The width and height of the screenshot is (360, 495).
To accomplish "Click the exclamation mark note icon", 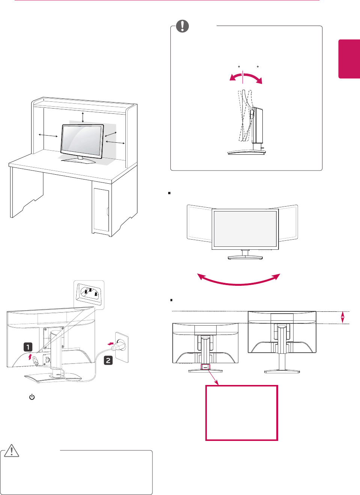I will (182, 26).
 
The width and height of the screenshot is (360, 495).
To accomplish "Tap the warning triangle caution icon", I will (12, 450).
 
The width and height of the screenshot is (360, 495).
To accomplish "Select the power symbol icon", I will (32, 397).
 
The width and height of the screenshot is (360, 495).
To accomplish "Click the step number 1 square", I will (28, 347).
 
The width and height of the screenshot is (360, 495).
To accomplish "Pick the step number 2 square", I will (108, 361).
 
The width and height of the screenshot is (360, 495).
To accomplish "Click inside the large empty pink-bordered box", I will (241, 412).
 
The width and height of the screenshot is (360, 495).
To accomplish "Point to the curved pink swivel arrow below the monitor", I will (239, 281).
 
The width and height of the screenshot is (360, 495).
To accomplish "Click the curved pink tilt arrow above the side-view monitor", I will (246, 78).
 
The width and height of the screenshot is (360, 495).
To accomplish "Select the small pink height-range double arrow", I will (342, 317).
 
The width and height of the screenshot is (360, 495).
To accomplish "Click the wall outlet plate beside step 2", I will (122, 347).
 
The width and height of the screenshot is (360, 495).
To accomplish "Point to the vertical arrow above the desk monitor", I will (83, 117).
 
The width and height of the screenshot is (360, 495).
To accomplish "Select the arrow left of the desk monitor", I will (48, 135).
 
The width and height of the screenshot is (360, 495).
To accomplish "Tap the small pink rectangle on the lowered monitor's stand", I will (205, 367).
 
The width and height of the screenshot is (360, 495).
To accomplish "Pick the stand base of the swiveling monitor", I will (245, 257).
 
